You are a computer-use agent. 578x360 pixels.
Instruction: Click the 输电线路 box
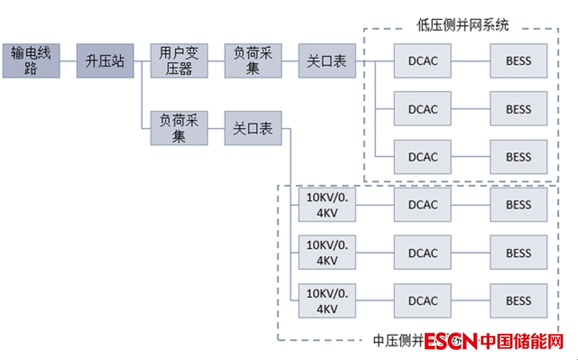[31, 61]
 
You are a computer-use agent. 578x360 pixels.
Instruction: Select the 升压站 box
[105, 61]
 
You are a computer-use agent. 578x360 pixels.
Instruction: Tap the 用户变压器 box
[179, 61]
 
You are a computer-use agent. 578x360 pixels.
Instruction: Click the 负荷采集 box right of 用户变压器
[253, 61]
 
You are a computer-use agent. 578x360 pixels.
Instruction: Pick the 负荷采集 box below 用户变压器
[179, 128]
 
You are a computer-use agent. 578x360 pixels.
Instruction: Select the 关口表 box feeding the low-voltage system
[327, 61]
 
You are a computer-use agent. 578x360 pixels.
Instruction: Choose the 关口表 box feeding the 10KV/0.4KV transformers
[253, 128]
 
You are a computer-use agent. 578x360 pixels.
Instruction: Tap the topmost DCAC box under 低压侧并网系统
[423, 61]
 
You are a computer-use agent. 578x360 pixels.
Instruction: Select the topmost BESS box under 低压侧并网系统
[519, 61]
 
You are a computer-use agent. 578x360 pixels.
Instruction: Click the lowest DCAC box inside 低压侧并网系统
[423, 157]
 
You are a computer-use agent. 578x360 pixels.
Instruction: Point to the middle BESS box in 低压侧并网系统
[519, 109]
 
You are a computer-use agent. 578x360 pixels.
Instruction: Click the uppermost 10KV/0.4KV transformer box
[327, 204]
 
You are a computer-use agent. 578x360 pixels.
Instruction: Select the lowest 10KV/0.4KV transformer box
[327, 301]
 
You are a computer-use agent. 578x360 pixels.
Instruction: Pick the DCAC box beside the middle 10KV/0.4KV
[423, 253]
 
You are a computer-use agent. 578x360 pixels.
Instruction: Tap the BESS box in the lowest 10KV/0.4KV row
[519, 301]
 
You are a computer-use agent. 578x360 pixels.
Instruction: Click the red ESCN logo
[450, 342]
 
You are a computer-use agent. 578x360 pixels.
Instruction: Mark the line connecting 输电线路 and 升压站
[68, 61]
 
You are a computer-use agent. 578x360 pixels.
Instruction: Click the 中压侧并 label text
[397, 341]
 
